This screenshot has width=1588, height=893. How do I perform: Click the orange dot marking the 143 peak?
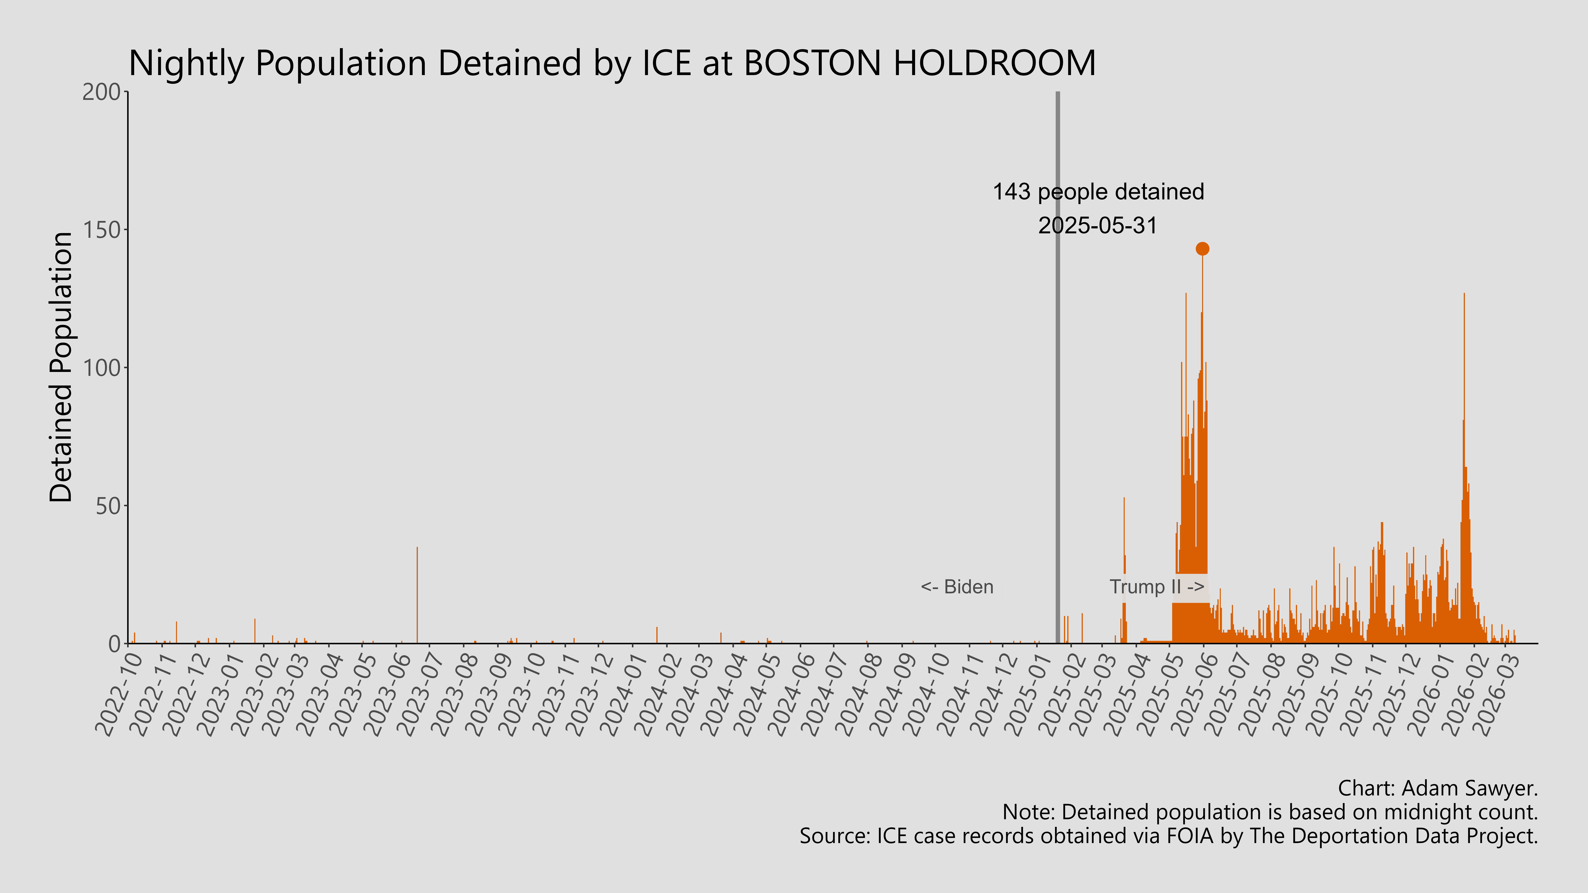1202,249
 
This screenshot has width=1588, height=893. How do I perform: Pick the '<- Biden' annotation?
957,587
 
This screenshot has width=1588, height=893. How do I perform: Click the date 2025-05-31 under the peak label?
1098,226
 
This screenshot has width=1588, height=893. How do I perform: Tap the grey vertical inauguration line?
1058,370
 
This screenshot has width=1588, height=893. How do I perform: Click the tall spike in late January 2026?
1464,431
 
